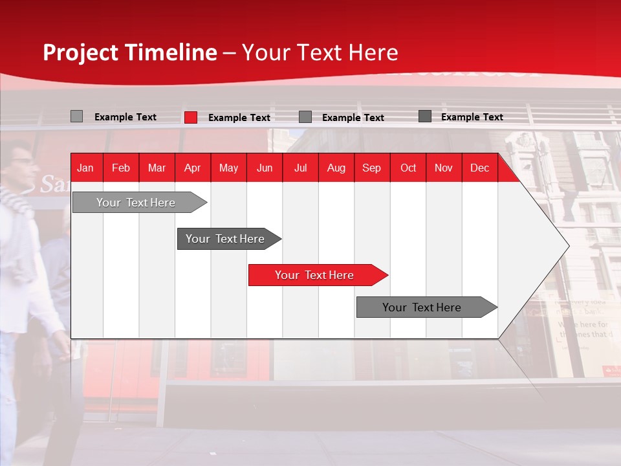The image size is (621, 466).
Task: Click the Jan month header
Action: (85, 168)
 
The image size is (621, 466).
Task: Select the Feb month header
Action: (121, 168)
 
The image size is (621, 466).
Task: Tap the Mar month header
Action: (157, 168)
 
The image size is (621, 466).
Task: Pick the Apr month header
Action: (193, 168)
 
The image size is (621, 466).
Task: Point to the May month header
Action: (228, 168)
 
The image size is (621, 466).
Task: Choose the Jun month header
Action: (265, 168)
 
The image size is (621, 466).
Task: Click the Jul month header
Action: (300, 168)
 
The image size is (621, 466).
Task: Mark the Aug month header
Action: (336, 168)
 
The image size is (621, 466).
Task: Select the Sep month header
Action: (372, 168)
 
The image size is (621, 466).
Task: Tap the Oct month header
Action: (408, 168)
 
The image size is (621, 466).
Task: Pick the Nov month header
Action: (444, 168)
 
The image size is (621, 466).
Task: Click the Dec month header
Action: (480, 168)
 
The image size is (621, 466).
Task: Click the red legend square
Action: (191, 117)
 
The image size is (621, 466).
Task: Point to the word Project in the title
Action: (81, 52)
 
